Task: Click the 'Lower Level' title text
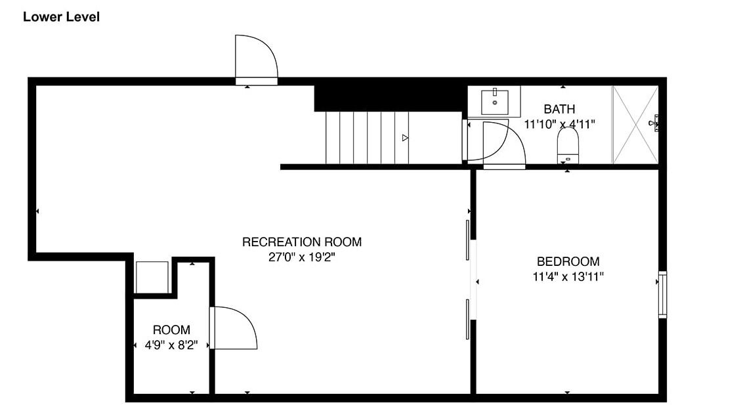tap(62, 17)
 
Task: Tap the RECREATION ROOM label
tap(302, 242)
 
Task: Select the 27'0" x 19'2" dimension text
tap(302, 257)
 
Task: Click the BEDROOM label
tap(568, 261)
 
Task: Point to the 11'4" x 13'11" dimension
tap(568, 276)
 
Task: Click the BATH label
tap(560, 109)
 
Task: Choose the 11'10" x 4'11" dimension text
tap(560, 124)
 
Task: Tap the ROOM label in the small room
tap(171, 330)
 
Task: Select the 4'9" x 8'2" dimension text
tap(171, 345)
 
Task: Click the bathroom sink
tap(495, 102)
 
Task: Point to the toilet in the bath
tap(568, 145)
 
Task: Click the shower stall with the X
tap(635, 125)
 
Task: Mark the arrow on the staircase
tap(405, 138)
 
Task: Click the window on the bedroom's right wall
tap(662, 295)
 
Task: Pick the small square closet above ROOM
tap(152, 278)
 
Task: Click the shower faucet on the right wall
tap(654, 123)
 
